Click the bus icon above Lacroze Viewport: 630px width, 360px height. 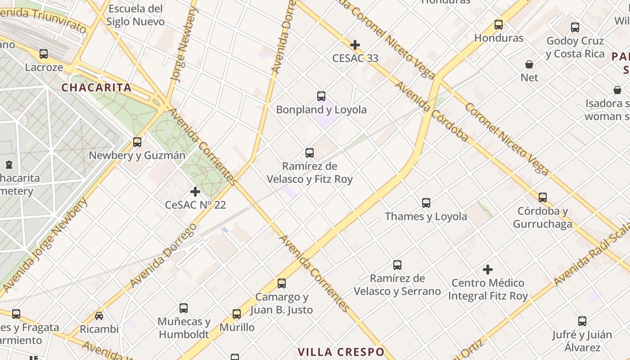[x=44, y=54]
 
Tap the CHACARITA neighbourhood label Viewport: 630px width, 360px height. [x=96, y=88]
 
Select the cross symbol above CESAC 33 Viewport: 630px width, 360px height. [x=355, y=45]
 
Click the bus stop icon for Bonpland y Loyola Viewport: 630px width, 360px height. [x=321, y=96]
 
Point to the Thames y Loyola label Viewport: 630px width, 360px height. [x=426, y=216]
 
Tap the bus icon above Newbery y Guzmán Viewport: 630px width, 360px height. [x=137, y=142]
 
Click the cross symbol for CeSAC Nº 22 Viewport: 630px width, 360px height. [x=195, y=192]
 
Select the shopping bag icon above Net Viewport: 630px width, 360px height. [x=529, y=64]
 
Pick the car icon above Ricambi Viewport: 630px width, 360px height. [x=99, y=316]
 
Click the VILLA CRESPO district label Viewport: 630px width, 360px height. [x=341, y=352]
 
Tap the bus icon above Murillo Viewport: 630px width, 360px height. [x=237, y=314]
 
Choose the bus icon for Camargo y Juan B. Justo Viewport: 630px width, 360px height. [x=282, y=283]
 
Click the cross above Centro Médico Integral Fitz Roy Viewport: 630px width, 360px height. [x=488, y=270]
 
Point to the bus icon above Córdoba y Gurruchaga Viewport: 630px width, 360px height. [x=543, y=197]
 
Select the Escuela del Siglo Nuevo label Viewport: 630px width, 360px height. [x=135, y=15]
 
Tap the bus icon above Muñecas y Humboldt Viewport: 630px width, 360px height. [x=184, y=308]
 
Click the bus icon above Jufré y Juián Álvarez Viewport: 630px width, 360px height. [x=582, y=321]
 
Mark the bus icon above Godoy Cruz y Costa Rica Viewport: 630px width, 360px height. [x=575, y=27]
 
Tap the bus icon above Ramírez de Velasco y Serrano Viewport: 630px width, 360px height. [x=397, y=265]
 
